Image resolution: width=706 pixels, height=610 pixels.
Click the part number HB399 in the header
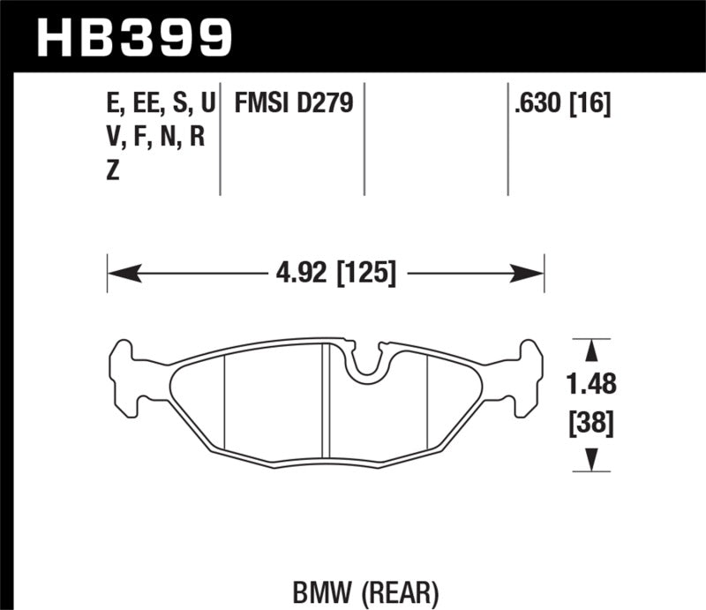tap(133, 35)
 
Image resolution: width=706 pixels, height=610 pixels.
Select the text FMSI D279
tap(293, 105)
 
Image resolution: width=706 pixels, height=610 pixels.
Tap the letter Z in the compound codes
tap(112, 172)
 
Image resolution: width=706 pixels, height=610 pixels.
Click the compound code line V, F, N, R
tap(154, 139)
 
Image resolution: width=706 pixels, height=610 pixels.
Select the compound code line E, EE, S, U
tap(159, 105)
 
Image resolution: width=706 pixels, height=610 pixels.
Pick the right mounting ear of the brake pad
tap(526, 374)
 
